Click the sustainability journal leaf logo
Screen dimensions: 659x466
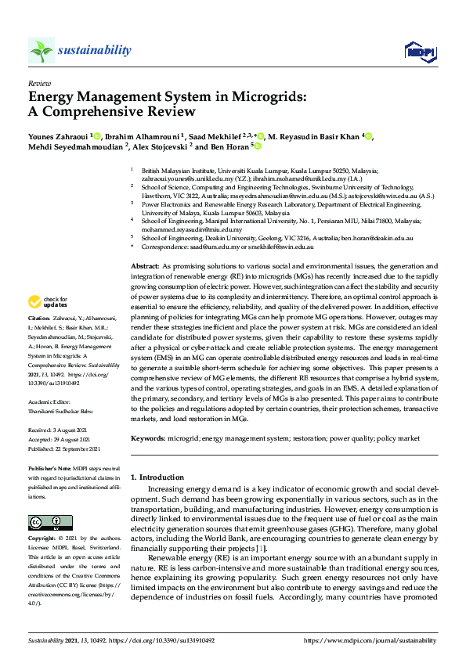pyautogui.click(x=42, y=50)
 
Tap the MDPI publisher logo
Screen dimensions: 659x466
pyautogui.click(x=418, y=52)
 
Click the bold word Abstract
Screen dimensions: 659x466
pyautogui.click(x=146, y=268)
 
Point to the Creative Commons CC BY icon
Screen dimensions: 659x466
pyautogui.click(x=45, y=522)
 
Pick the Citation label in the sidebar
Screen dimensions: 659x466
pyautogui.click(x=39, y=319)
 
